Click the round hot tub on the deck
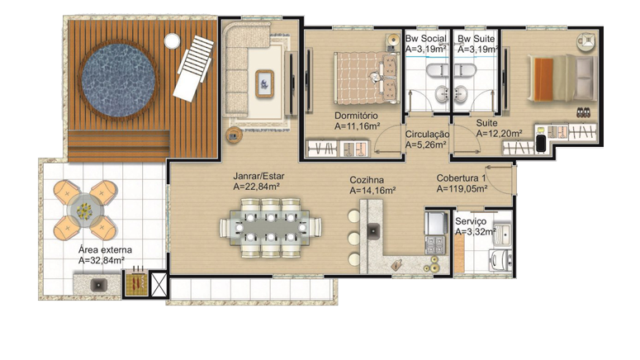[x=118, y=80]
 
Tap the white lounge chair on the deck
[x=193, y=69]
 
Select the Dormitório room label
[x=356, y=116]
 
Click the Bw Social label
[x=426, y=39]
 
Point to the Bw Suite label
[x=476, y=39]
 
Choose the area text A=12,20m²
[x=499, y=134]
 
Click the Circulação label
[x=427, y=135]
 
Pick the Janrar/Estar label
[x=258, y=177]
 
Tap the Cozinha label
[x=367, y=180]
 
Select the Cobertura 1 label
[x=462, y=178]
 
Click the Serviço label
[x=471, y=221]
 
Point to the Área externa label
[x=105, y=250]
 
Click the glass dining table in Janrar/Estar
[x=270, y=227]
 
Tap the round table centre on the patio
[x=85, y=211]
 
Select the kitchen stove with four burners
[x=435, y=244]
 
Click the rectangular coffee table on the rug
[x=264, y=83]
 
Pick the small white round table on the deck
[x=173, y=40]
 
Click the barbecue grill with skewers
[x=136, y=281]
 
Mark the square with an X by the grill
[x=159, y=285]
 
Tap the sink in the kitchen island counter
[x=373, y=231]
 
